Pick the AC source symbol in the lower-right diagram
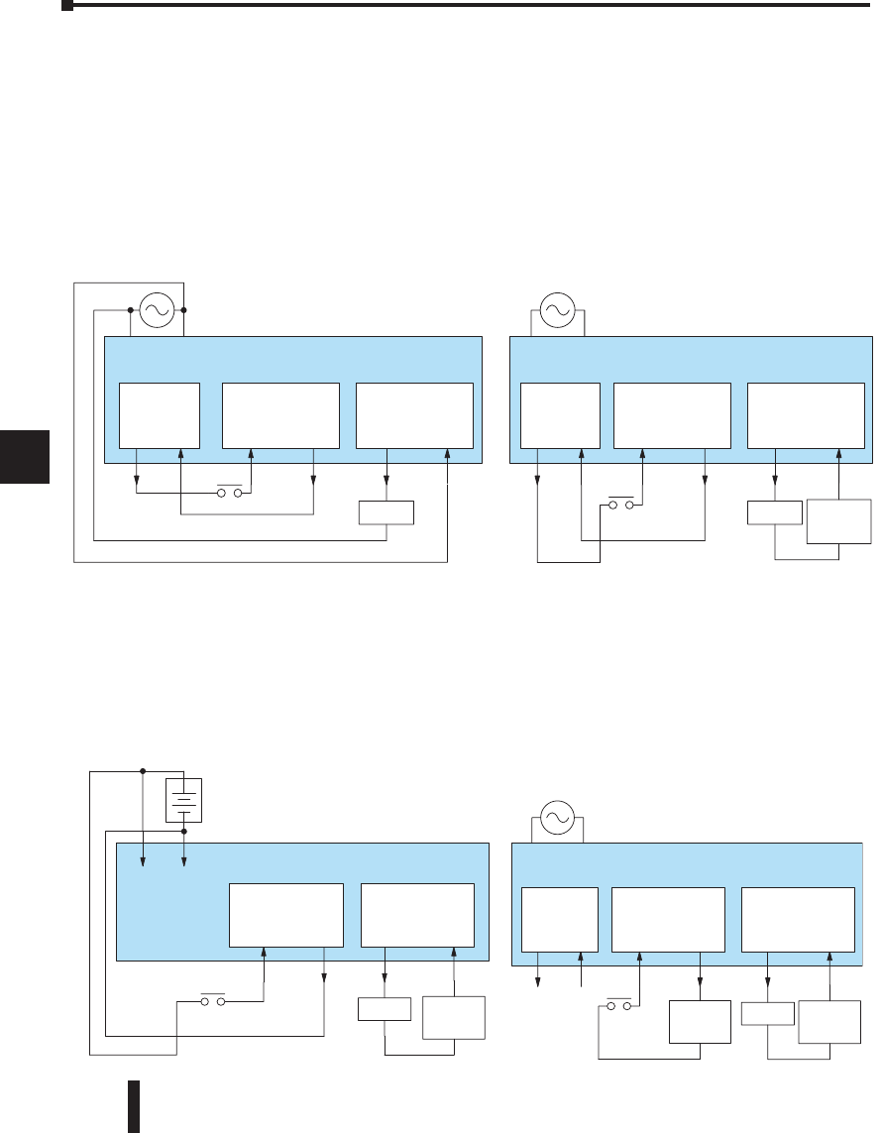pyautogui.click(x=556, y=817)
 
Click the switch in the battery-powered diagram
pyautogui.click(x=214, y=1002)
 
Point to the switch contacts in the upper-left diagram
pyautogui.click(x=231, y=493)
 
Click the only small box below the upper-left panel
pyautogui.click(x=386, y=513)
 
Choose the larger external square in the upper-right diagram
pyautogui.click(x=839, y=521)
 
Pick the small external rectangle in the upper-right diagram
pyautogui.click(x=774, y=513)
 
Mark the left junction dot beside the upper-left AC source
pyautogui.click(x=130, y=309)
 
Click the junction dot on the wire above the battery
pyautogui.click(x=143, y=770)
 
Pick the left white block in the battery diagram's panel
pyautogui.click(x=286, y=914)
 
